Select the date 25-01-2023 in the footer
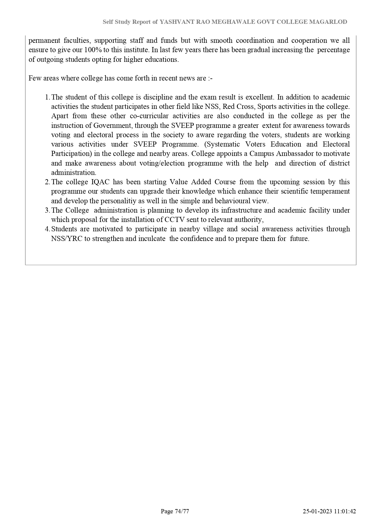318,511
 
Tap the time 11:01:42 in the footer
345,511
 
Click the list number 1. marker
47,97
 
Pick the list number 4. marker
47,229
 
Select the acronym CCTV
174,220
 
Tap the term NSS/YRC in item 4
67,239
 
